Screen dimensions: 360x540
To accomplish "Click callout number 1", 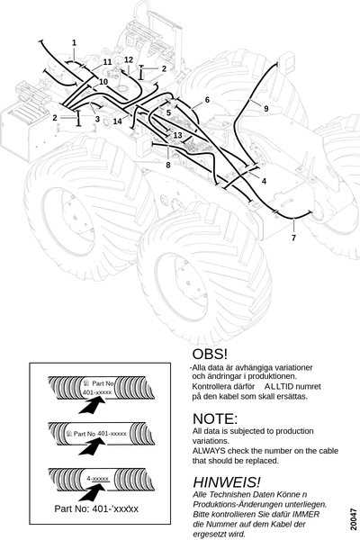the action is [74, 43].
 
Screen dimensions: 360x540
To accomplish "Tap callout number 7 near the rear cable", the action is [293, 238].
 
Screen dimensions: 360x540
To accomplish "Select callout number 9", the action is [266, 109].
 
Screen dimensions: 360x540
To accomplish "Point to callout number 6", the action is [207, 100].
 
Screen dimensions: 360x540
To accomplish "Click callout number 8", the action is [168, 165].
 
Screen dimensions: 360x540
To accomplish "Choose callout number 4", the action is [264, 181].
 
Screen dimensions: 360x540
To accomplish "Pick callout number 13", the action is [178, 135].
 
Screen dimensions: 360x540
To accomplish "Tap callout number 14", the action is [118, 121].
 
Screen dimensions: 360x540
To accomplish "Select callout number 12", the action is [129, 60].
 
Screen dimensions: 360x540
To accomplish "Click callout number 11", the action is [108, 62].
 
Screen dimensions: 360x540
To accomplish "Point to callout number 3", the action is [97, 119].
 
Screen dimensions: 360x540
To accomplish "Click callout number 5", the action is [168, 112].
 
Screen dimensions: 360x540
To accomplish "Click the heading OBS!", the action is [210, 354].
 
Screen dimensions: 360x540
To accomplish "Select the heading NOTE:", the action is [215, 418].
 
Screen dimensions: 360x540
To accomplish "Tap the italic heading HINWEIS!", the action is [227, 482].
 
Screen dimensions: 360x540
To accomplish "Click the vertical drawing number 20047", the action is [354, 519].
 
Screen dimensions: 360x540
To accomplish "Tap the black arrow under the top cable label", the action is [92, 404].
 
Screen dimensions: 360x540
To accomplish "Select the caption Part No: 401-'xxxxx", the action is [96, 508].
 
